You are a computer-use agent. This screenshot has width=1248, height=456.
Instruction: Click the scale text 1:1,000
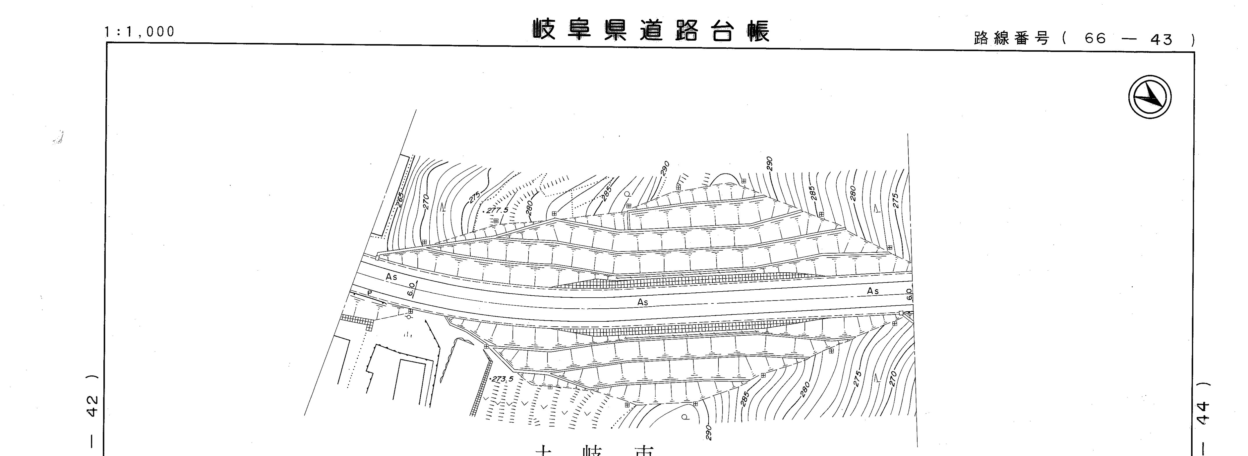(139, 32)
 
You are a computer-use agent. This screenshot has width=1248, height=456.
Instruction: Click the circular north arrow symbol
(1150, 97)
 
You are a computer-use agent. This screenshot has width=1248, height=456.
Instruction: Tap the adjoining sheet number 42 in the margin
(93, 406)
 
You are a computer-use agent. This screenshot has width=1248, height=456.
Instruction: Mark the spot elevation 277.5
(497, 210)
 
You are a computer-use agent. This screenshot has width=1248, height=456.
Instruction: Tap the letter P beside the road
(370, 293)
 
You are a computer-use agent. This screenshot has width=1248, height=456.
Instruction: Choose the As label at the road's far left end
(391, 277)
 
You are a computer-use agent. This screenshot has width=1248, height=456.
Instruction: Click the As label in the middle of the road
(642, 302)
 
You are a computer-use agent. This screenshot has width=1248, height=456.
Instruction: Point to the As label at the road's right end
(873, 291)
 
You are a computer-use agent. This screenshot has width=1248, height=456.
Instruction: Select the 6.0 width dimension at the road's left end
(412, 289)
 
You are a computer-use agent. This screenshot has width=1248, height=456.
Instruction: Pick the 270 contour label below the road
(893, 378)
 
